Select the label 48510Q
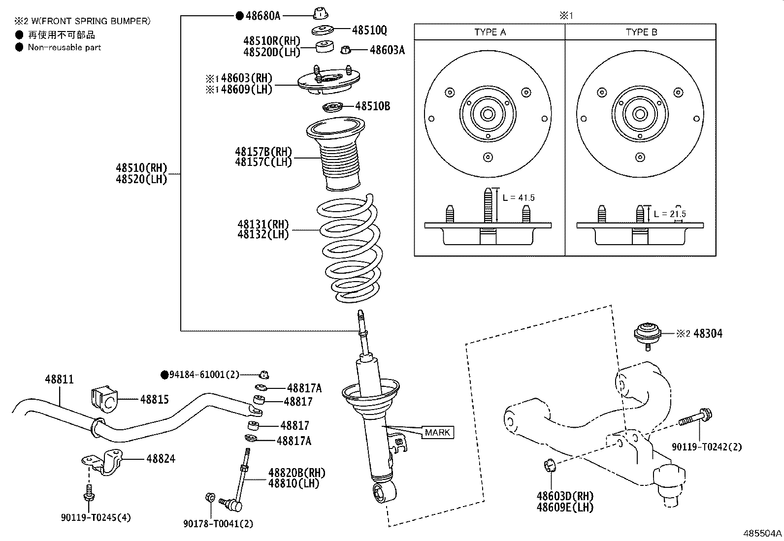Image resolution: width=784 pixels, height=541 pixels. (369, 31)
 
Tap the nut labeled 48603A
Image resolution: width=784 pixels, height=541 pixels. (346, 49)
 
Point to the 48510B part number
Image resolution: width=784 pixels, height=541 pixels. (372, 106)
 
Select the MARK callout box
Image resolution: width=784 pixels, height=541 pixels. (437, 432)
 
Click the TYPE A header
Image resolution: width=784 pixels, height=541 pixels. (490, 32)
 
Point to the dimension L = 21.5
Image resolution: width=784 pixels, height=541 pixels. (670, 214)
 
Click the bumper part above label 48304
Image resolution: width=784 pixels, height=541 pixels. (648, 333)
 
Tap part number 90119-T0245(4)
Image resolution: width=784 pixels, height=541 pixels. (96, 517)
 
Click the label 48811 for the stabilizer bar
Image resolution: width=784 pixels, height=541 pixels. (59, 380)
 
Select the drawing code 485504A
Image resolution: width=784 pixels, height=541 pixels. (762, 533)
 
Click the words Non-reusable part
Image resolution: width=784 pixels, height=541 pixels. (64, 47)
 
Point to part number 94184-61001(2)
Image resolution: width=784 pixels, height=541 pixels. (204, 375)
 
